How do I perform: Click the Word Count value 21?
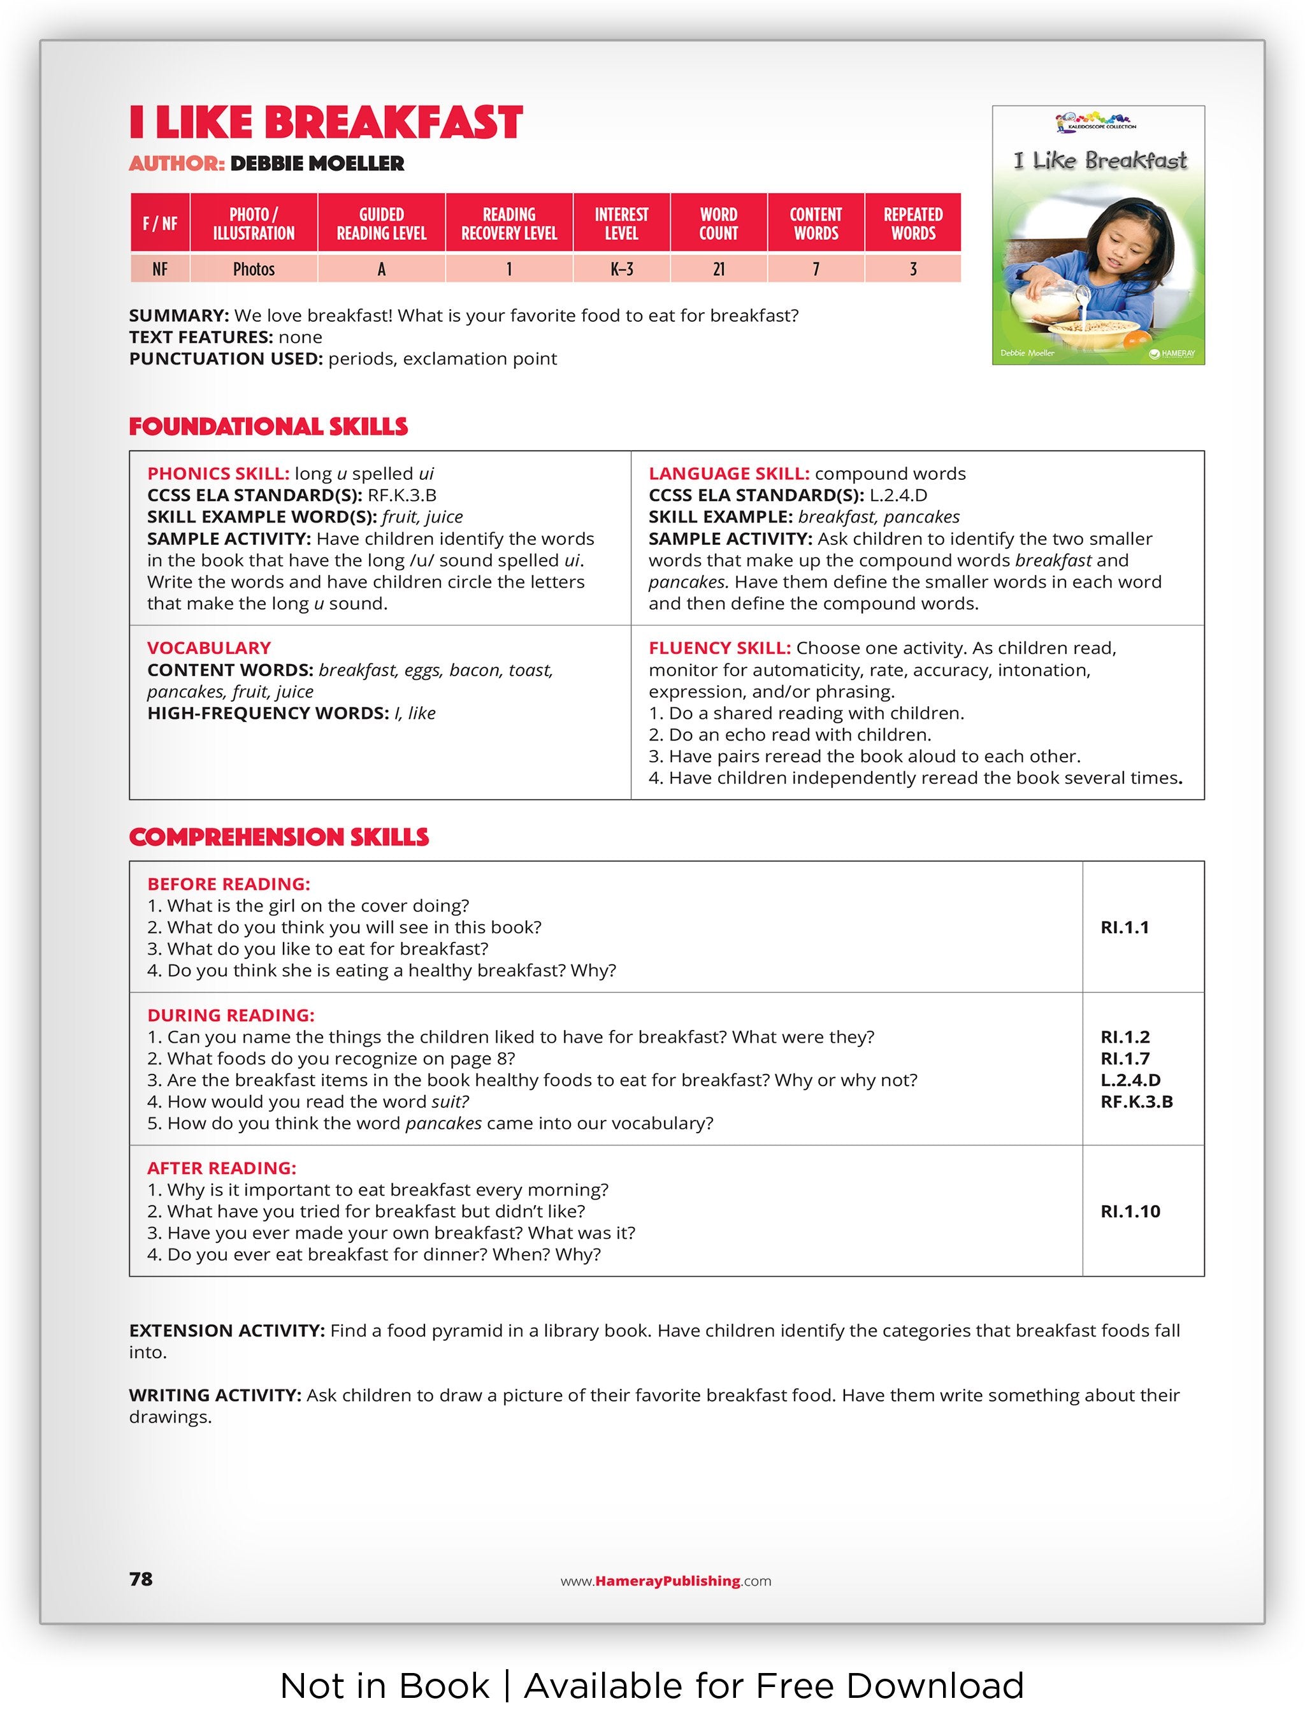click(x=718, y=269)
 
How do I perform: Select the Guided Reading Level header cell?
click(x=381, y=224)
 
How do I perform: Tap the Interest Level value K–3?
click(x=621, y=269)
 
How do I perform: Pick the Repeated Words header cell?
click(x=912, y=224)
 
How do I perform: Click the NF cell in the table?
click(x=160, y=269)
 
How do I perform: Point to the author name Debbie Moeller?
click(x=317, y=164)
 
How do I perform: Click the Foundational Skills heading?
click(x=268, y=426)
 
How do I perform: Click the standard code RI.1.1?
click(x=1124, y=927)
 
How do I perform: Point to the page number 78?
click(x=141, y=1579)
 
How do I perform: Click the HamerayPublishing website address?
click(x=666, y=1581)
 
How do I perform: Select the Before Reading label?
click(x=228, y=884)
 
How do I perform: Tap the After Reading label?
click(x=221, y=1168)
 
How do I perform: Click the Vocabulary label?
click(x=209, y=648)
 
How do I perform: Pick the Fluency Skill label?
click(x=719, y=648)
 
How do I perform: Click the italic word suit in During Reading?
click(x=449, y=1102)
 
